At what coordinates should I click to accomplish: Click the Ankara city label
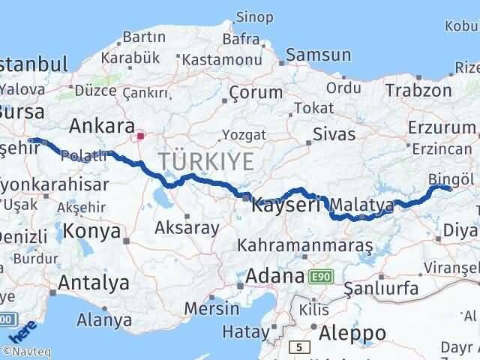[x=101, y=125]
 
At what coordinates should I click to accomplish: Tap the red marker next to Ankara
[x=140, y=136]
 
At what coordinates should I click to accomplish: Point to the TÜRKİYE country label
[x=205, y=160]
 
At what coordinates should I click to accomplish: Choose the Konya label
[x=91, y=231]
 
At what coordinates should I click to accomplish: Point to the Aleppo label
[x=352, y=332]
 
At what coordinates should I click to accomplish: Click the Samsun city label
[x=318, y=55]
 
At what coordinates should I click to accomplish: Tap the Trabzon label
[x=418, y=89]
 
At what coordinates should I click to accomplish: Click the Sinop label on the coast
[x=254, y=16]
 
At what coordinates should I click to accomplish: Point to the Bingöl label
[x=450, y=179]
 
